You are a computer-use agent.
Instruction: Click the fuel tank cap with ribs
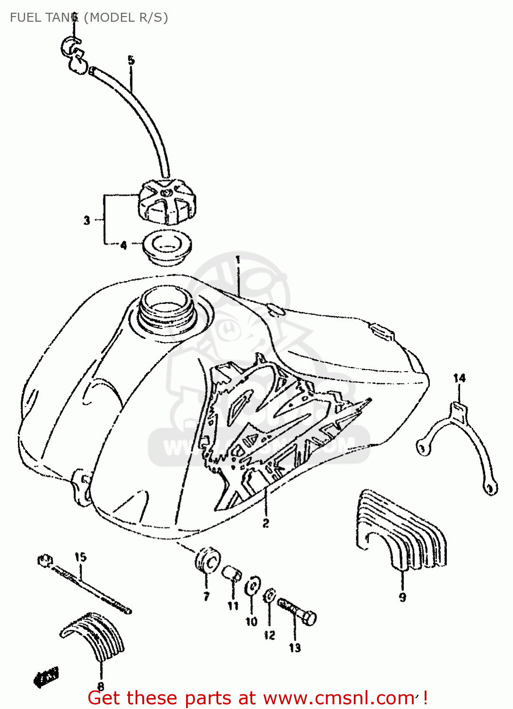pyautogui.click(x=167, y=203)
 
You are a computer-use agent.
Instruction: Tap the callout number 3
pyautogui.click(x=87, y=220)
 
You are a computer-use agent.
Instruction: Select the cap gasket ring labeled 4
pyautogui.click(x=167, y=247)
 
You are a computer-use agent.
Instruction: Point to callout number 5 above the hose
pyautogui.click(x=131, y=61)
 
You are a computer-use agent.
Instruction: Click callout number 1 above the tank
pyautogui.click(x=238, y=259)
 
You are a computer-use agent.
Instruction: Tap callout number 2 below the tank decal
pyautogui.click(x=266, y=523)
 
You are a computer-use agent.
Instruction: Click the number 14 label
pyautogui.click(x=459, y=378)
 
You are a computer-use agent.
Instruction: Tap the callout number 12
pyautogui.click(x=269, y=635)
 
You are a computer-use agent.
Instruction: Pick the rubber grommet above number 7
pyautogui.click(x=207, y=560)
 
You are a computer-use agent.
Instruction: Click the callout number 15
pyautogui.click(x=80, y=557)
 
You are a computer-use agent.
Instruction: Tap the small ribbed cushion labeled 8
pyautogui.click(x=94, y=636)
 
